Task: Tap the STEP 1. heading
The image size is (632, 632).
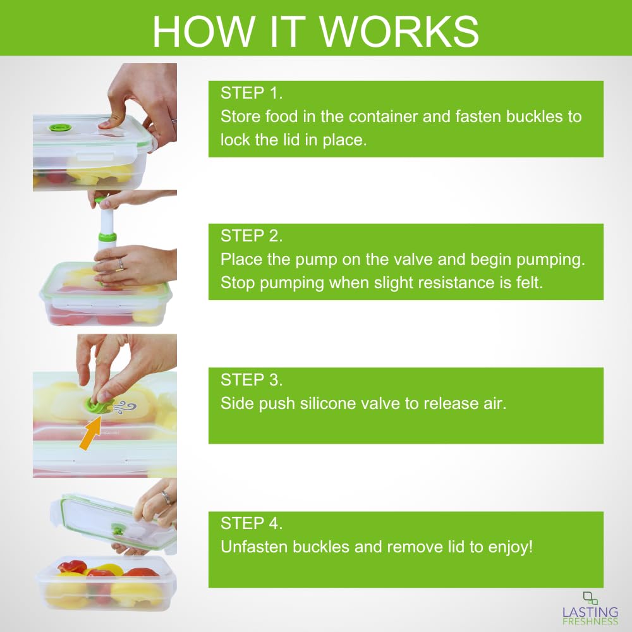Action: tap(252, 93)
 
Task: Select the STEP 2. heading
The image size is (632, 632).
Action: tap(252, 236)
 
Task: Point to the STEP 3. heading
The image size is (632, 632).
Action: tap(252, 380)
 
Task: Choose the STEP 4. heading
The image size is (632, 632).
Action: tap(252, 523)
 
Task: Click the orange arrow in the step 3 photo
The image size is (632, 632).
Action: tap(90, 434)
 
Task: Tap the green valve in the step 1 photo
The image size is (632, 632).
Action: tap(60, 128)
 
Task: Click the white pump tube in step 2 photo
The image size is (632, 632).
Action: tap(106, 224)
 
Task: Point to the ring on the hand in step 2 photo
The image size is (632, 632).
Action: tap(120, 264)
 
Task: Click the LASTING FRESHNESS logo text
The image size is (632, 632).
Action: tap(590, 616)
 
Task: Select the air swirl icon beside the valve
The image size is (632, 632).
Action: tap(126, 407)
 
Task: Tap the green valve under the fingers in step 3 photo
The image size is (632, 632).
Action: tap(96, 404)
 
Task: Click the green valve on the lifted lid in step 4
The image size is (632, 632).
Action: tap(118, 529)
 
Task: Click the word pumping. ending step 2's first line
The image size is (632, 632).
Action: tap(550, 260)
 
